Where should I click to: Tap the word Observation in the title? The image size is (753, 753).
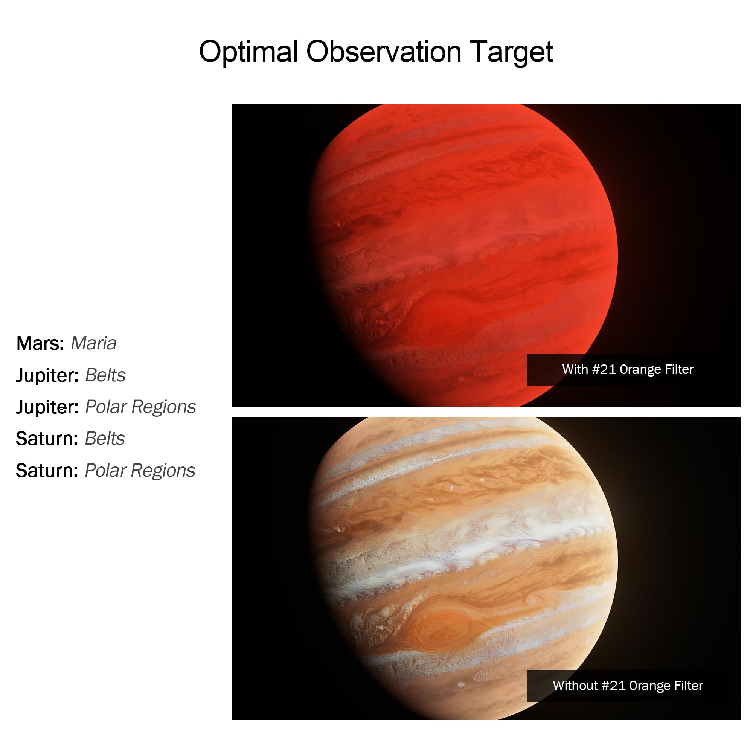coord(384,52)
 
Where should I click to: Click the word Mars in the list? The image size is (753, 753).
coord(40,343)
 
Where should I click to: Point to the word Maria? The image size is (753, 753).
coord(93,343)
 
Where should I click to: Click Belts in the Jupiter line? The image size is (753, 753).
coord(105,375)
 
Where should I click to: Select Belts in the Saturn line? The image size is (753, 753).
coord(105,439)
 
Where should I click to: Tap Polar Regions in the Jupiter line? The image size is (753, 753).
coord(140,407)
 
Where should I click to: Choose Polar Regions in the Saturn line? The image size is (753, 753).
coord(140,470)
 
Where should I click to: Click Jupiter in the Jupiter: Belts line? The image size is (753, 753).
coord(47,376)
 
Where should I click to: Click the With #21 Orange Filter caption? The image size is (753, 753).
coord(628,369)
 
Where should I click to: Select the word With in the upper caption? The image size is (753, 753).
coord(575,369)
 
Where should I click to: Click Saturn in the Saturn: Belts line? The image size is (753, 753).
coord(47,439)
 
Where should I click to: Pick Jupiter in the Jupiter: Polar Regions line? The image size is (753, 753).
coord(47,407)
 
